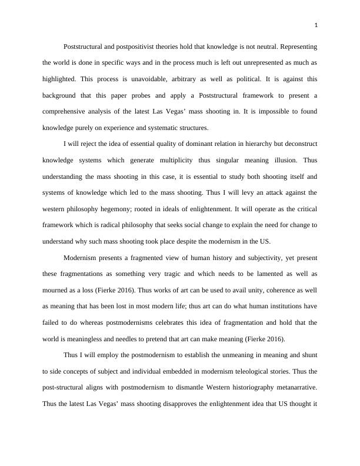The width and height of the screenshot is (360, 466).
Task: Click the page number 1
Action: coord(316,25)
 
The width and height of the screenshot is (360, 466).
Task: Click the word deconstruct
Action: coord(294,144)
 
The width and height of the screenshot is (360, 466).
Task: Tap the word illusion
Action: coord(281,160)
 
